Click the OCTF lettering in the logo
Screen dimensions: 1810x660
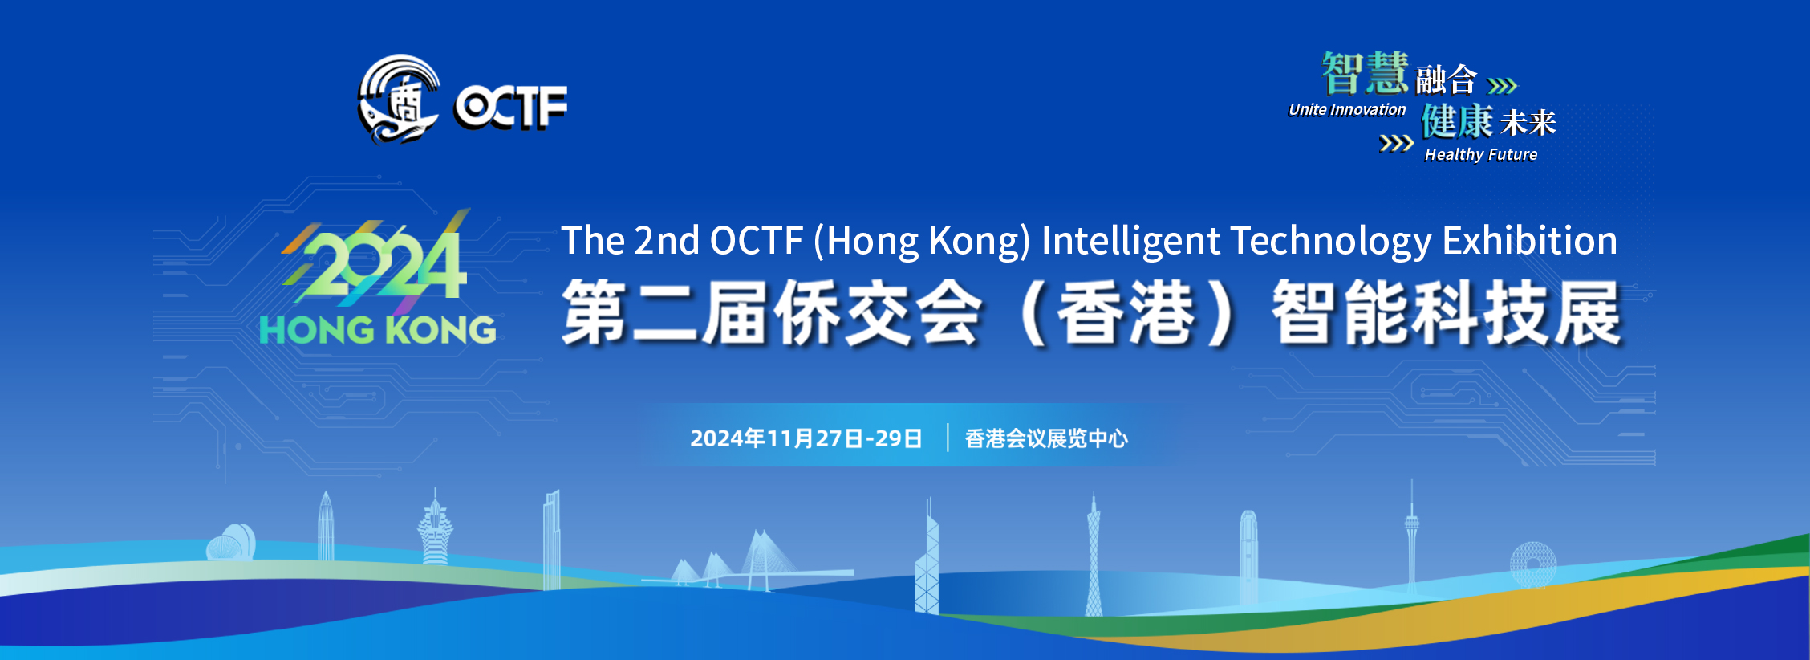511,106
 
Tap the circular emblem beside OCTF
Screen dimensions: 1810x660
399,99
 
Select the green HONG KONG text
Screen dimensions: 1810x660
378,330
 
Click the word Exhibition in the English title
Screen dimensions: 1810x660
1530,241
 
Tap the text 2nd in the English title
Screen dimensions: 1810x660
667,241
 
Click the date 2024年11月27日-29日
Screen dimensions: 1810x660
806,438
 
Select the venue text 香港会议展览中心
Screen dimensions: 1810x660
1046,438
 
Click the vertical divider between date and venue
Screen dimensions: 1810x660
948,438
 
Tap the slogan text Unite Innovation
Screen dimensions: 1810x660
1347,110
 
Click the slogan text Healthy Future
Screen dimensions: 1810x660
1481,154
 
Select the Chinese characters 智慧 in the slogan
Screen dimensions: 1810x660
1366,73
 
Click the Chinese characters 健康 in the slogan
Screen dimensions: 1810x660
1458,121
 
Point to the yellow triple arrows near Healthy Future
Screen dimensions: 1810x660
1396,144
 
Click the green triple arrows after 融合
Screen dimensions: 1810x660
1503,85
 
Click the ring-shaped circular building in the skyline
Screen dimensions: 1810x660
1533,565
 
